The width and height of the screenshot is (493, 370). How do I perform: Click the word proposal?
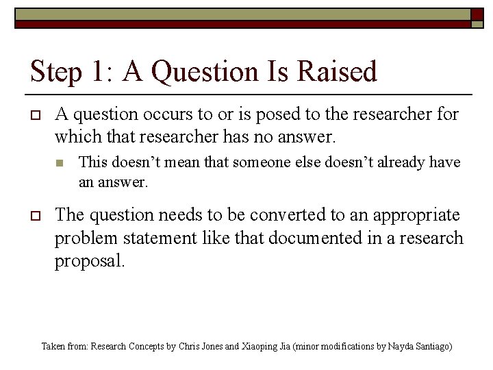tap(90, 260)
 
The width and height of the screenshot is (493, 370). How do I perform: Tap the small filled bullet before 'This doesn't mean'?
tap(60, 163)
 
